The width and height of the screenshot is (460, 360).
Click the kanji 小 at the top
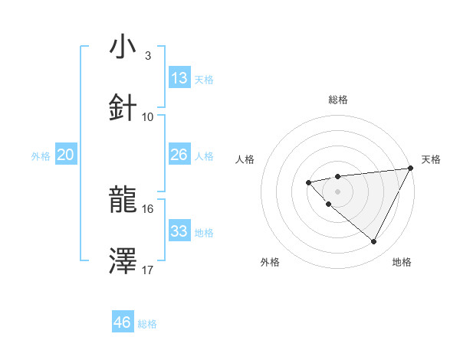coord(123,47)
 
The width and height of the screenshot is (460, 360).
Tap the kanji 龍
coord(123,201)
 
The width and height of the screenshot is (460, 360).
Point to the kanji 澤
coord(123,261)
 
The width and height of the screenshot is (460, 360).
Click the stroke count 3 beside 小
coord(147,56)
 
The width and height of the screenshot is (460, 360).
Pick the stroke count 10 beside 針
coord(148,116)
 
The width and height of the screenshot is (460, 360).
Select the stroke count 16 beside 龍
coord(148,208)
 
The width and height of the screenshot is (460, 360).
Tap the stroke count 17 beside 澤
coord(148,270)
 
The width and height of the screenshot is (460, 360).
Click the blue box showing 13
coord(179,78)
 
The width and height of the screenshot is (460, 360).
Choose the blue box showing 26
coord(179,155)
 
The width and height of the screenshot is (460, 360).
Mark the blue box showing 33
coord(179,231)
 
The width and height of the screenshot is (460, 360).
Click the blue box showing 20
coord(66,155)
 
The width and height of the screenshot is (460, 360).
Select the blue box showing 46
coord(123,322)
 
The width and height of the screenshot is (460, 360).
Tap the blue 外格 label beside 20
coord(41,156)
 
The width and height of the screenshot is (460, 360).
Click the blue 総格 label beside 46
coord(147,324)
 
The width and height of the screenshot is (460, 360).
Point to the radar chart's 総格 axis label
coord(337,100)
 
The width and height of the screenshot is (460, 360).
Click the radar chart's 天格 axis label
coord(431,159)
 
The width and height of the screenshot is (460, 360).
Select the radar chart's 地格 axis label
coord(402,262)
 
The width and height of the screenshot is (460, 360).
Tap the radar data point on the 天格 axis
coord(410,168)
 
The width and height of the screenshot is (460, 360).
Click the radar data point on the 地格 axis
coord(374,242)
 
